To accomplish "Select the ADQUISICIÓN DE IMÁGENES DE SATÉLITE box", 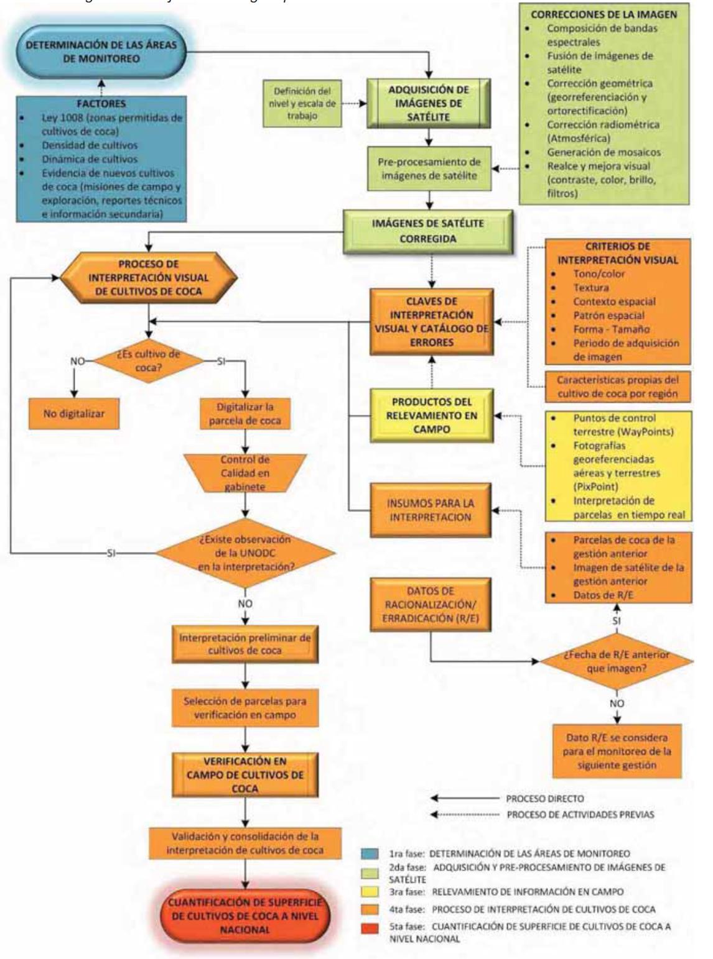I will (x=429, y=102).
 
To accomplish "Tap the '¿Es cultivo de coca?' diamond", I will (x=147, y=360).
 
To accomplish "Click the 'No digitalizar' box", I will (x=74, y=415).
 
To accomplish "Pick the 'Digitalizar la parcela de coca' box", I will (x=245, y=413).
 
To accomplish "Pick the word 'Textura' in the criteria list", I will (x=590, y=288).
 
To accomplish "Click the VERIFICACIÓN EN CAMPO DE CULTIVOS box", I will (x=245, y=774).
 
